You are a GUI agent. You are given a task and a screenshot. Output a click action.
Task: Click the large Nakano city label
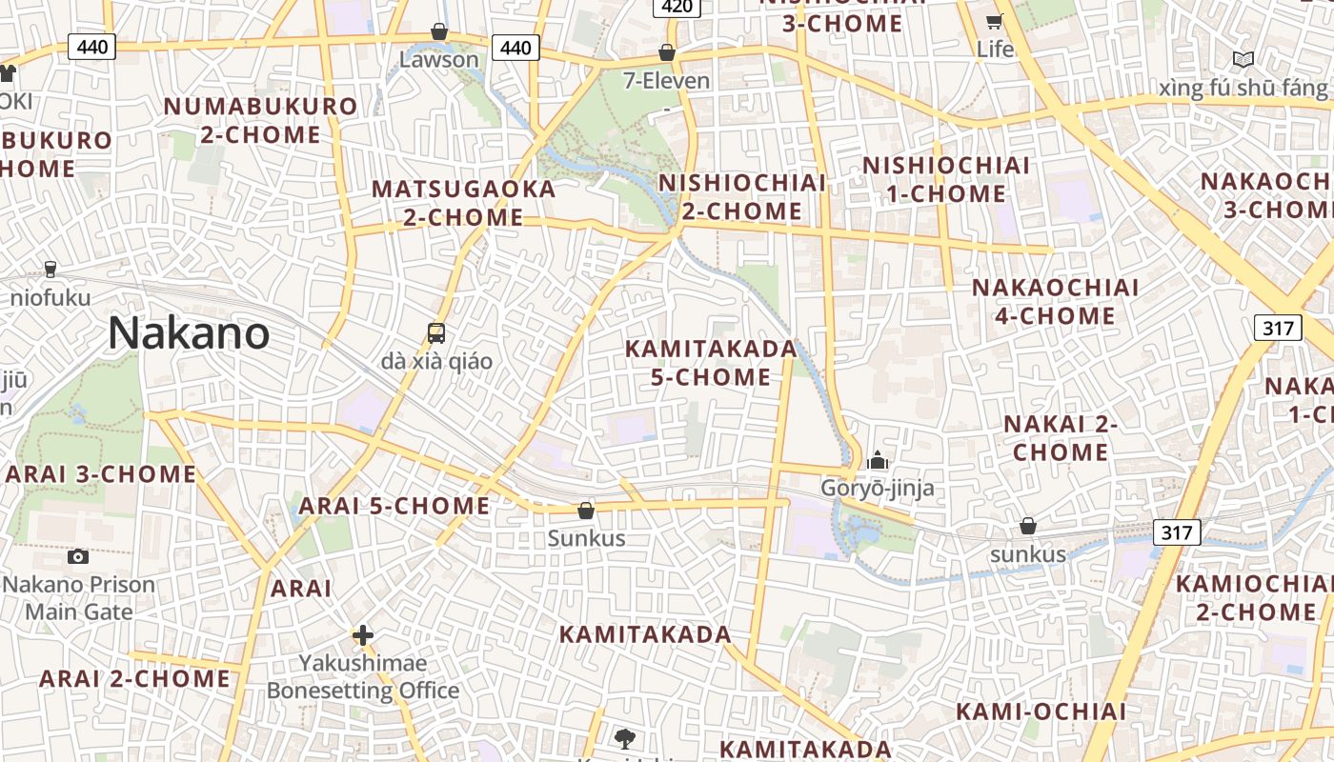pyautogui.click(x=188, y=333)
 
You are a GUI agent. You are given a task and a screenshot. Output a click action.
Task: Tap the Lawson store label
pyautogui.click(x=439, y=59)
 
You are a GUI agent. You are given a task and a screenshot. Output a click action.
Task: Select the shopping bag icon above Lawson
pyautogui.click(x=439, y=31)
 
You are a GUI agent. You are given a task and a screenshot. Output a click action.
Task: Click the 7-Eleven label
pyautogui.click(x=667, y=80)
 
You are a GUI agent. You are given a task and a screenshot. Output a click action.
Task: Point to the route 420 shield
pyautogui.click(x=677, y=7)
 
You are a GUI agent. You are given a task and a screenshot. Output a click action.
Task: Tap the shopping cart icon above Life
pyautogui.click(x=995, y=21)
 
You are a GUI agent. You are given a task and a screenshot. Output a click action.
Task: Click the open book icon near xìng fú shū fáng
pyautogui.click(x=1243, y=60)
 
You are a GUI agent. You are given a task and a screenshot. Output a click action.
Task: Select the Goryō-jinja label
pyautogui.click(x=878, y=489)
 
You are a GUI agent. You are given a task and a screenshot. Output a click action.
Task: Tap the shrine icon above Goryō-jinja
pyautogui.click(x=878, y=462)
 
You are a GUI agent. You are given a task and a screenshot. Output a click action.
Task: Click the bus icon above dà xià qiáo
pyautogui.click(x=436, y=333)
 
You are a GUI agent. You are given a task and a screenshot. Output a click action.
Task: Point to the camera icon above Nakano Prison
pyautogui.click(x=78, y=556)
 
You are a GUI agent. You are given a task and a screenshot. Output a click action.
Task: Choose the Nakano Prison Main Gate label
pyautogui.click(x=79, y=597)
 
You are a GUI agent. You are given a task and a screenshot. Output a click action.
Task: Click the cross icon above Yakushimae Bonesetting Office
pyautogui.click(x=362, y=635)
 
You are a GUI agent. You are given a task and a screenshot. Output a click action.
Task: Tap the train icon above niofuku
pyautogui.click(x=51, y=270)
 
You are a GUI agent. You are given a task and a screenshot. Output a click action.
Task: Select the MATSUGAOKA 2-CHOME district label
pyautogui.click(x=464, y=203)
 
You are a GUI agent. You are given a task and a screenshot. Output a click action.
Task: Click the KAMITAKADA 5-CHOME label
pyautogui.click(x=711, y=363)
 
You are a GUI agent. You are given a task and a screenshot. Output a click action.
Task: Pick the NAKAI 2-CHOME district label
pyautogui.click(x=1061, y=437)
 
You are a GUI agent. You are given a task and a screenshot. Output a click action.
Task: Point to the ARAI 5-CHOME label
pyautogui.click(x=394, y=506)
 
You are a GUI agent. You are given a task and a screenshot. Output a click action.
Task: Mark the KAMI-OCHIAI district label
pyautogui.click(x=1041, y=712)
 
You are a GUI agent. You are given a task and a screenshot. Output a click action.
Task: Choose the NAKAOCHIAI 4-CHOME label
pyautogui.click(x=1055, y=301)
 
